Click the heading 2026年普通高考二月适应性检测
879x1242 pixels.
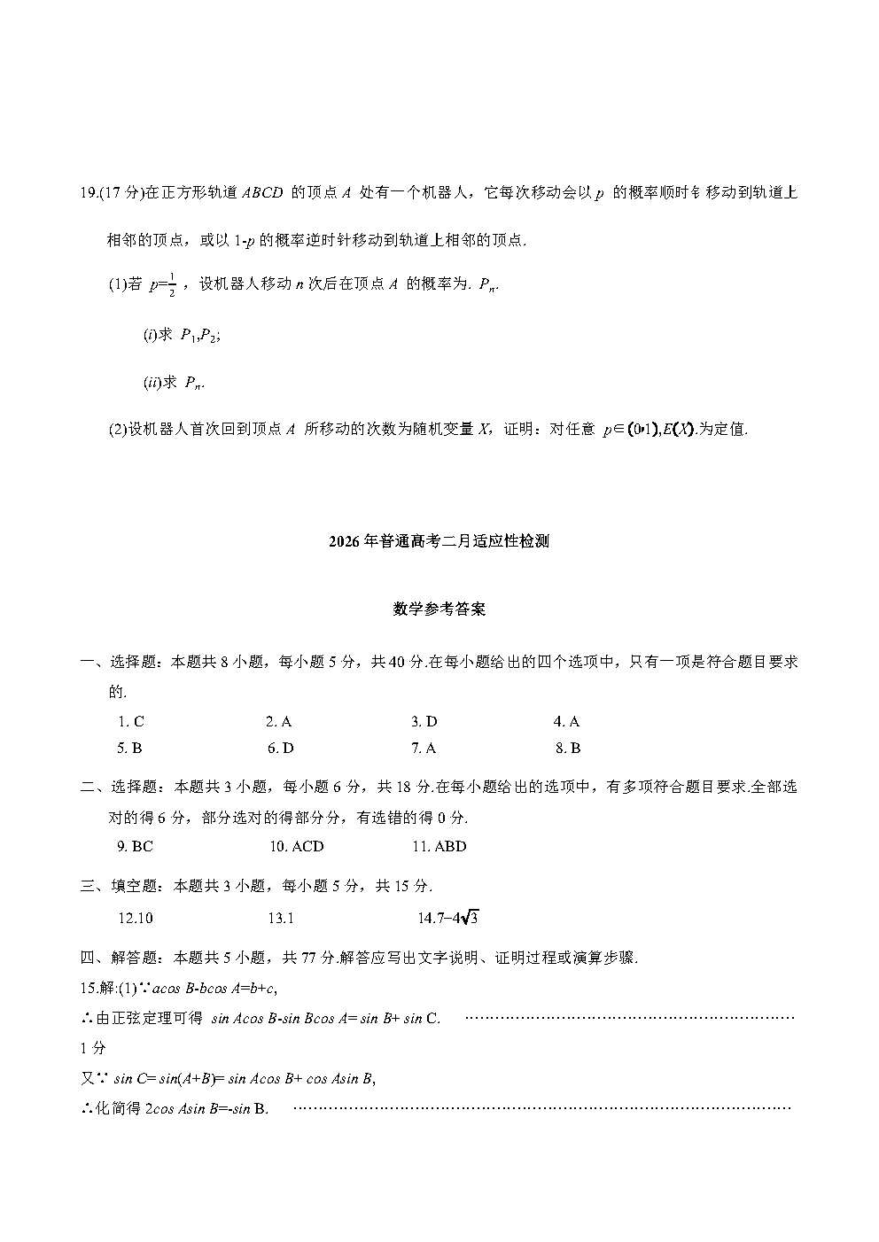click(439, 542)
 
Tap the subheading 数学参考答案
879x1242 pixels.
click(439, 609)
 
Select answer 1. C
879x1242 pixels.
click(131, 722)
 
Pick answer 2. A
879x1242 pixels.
click(279, 722)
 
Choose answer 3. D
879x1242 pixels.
click(424, 722)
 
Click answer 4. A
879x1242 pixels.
click(567, 722)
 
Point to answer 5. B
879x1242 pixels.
click(130, 749)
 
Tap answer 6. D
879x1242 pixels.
click(281, 749)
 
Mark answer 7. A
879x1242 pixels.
click(424, 749)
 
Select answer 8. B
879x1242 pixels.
click(568, 749)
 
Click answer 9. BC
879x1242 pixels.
click(136, 847)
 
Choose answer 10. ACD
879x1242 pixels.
click(297, 847)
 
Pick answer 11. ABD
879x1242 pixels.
click(439, 847)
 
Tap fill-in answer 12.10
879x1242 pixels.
click(136, 919)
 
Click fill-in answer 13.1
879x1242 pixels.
click(281, 919)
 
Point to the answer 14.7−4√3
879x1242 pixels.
click(448, 919)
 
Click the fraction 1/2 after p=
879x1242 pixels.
click(171, 285)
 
